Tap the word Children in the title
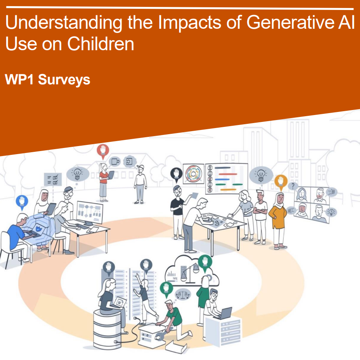[x=100, y=44]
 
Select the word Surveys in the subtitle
[x=64, y=80]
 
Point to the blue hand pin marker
[x=22, y=202]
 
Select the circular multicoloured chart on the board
[x=193, y=174]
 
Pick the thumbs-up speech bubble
[x=331, y=192]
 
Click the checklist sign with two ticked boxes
[x=53, y=179]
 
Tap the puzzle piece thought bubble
[x=115, y=161]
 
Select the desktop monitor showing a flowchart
[x=90, y=212]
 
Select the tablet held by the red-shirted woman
[x=111, y=175]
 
